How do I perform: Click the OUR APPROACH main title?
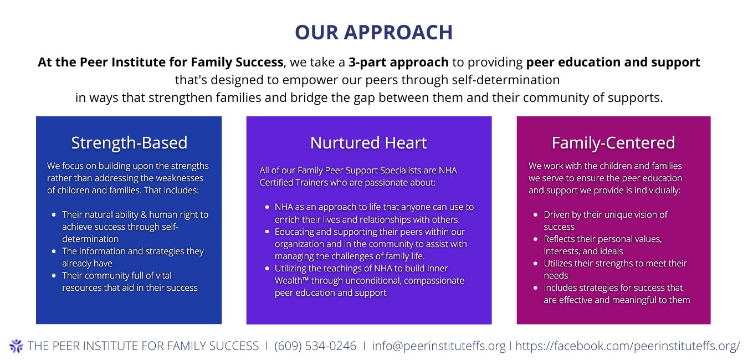373,32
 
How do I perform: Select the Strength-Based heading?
129,143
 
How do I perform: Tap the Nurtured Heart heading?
368,143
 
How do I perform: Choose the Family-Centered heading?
613,143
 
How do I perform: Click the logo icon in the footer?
16,346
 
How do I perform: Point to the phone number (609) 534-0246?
315,346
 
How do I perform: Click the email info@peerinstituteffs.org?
439,346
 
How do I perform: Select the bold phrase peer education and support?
613,62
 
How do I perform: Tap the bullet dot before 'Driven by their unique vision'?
535,215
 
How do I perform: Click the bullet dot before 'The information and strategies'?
53,251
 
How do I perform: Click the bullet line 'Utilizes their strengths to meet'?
615,264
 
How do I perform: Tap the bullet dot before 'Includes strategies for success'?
535,288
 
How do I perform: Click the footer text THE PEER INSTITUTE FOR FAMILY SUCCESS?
143,346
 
